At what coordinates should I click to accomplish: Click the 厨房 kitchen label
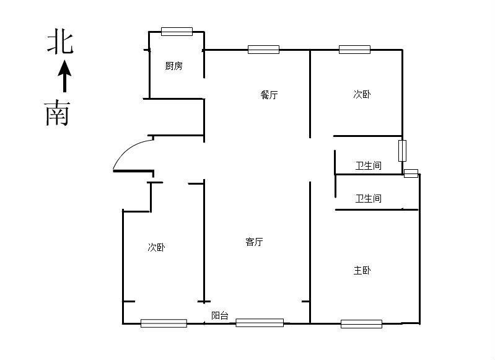tap(173, 66)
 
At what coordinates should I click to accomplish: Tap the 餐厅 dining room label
tap(269, 95)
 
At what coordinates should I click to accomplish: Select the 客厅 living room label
tap(254, 242)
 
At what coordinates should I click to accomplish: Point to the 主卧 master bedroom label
tap(362, 270)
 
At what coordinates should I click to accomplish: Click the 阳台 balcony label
tap(220, 315)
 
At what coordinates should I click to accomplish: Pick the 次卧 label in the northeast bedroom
tap(362, 94)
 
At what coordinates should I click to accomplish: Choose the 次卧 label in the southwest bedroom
tap(156, 247)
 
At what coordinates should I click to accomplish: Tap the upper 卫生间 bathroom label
tap(369, 165)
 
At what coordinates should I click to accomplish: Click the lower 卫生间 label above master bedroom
tap(369, 198)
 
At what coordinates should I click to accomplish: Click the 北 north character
tap(60, 41)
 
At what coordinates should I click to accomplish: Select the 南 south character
tap(57, 113)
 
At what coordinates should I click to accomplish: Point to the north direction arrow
tap(64, 76)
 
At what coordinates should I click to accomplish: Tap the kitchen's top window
tap(177, 32)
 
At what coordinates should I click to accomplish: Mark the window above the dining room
tap(263, 50)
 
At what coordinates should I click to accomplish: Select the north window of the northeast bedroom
tap(354, 50)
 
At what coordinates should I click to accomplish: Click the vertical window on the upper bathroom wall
tap(402, 151)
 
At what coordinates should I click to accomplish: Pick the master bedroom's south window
tap(361, 323)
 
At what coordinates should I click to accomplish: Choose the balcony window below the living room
tap(260, 323)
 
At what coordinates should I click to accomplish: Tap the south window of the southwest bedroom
tap(164, 323)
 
